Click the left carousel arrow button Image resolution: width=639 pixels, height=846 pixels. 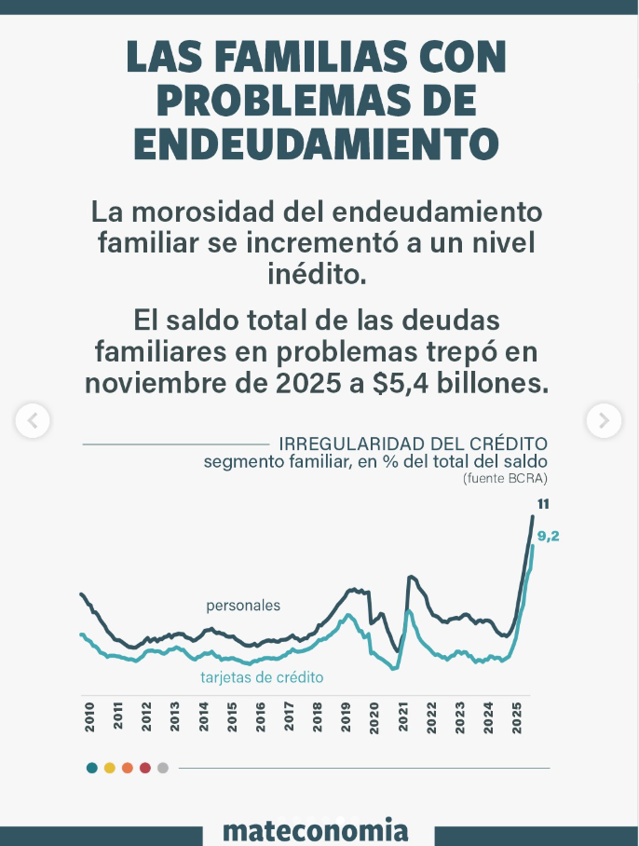33,420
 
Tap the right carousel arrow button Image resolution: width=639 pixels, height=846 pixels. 603,420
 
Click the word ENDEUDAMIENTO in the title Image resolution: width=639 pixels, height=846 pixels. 316,143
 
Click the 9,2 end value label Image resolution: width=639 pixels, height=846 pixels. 548,537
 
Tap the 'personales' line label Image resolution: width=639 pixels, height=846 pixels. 243,606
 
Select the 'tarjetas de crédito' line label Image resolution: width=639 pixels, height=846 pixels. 262,677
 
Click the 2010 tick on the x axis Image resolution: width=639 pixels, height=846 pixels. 89,716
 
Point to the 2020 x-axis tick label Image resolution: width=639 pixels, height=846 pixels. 374,716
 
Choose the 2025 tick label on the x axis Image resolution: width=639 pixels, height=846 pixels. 516,716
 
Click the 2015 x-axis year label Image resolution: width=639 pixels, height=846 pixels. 232,716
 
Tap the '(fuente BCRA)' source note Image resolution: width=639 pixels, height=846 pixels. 505,478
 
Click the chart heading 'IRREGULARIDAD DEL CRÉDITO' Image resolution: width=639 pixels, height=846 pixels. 413,443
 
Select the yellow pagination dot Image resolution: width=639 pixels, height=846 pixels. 109,768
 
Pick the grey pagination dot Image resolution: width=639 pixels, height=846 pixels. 163,768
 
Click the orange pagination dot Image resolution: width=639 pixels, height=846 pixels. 127,768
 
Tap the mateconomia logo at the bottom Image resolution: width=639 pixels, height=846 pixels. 317,829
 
